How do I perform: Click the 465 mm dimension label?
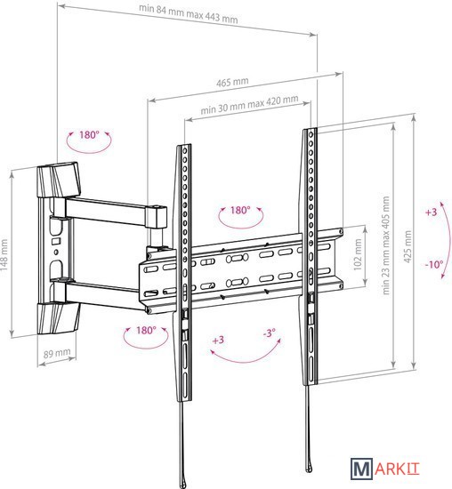(x=232, y=82)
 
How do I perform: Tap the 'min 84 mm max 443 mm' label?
(x=189, y=13)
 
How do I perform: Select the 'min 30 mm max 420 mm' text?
(x=249, y=104)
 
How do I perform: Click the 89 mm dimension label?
(x=57, y=353)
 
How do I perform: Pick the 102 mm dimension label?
(x=358, y=254)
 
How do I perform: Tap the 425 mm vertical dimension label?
(x=408, y=246)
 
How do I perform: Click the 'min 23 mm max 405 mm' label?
(x=386, y=245)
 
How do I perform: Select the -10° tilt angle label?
(x=434, y=265)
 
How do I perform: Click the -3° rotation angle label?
(x=269, y=333)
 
